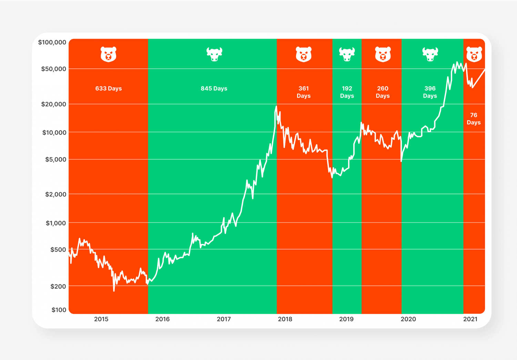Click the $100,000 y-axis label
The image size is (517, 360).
pyautogui.click(x=52, y=42)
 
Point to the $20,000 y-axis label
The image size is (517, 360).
pyautogui.click(x=53, y=104)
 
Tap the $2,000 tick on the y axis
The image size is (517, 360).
pyautogui.click(x=55, y=194)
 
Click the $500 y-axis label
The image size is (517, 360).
pyautogui.click(x=58, y=249)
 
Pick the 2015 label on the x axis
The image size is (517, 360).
pyautogui.click(x=101, y=319)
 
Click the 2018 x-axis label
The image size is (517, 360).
pyautogui.click(x=285, y=319)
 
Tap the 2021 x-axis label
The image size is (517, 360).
pyautogui.click(x=470, y=319)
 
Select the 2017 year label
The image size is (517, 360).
pyautogui.click(x=224, y=319)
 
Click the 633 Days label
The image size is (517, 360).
pyautogui.click(x=109, y=89)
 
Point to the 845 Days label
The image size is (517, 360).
pyautogui.click(x=214, y=89)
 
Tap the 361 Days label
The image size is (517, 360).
pyautogui.click(x=304, y=92)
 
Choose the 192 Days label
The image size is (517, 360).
pyautogui.click(x=347, y=92)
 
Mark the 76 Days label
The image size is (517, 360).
pyautogui.click(x=474, y=119)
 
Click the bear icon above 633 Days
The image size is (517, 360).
pyautogui.click(x=109, y=54)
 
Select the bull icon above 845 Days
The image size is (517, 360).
pyautogui.click(x=214, y=54)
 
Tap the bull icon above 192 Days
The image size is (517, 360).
pyautogui.click(x=347, y=54)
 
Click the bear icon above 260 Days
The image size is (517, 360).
pyautogui.click(x=383, y=54)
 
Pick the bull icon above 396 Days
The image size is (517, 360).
pyautogui.click(x=430, y=54)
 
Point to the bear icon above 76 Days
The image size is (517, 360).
pyautogui.click(x=474, y=54)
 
